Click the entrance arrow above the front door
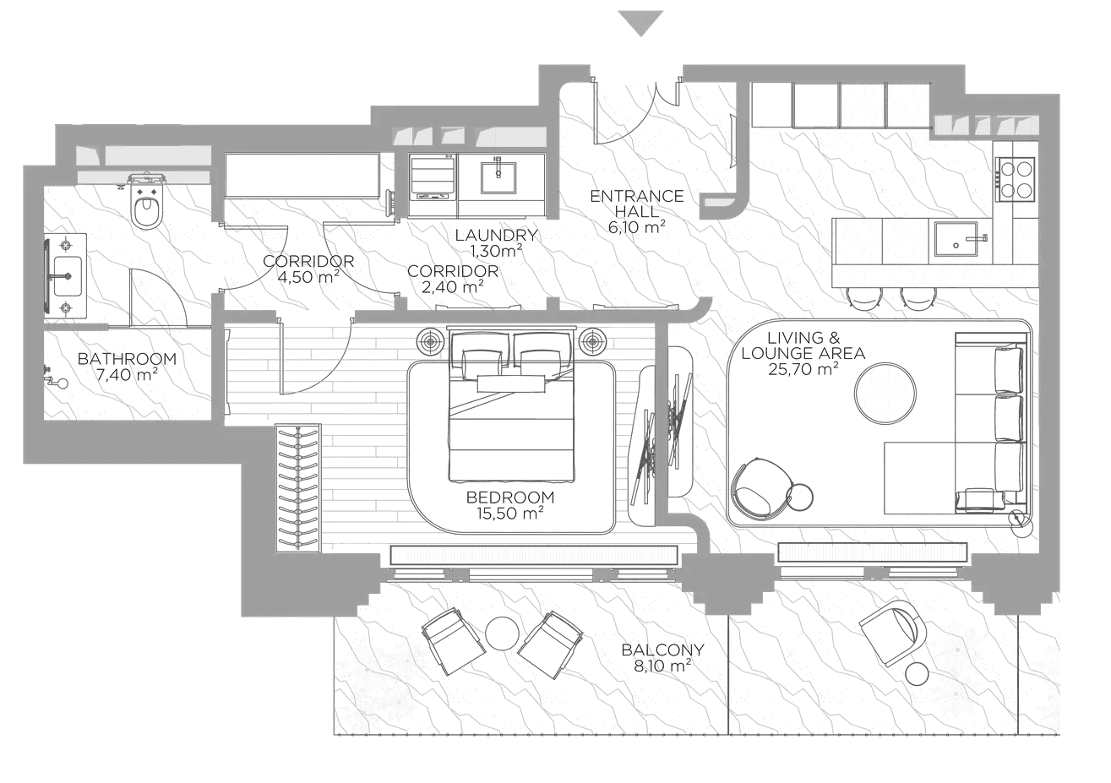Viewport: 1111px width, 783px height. tap(640, 22)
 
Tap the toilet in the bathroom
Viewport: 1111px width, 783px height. tap(146, 203)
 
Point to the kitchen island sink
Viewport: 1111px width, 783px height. tap(956, 238)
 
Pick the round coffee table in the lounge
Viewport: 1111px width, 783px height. tap(885, 394)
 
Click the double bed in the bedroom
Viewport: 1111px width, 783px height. tap(511, 404)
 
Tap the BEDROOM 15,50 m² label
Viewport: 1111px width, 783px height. tap(510, 505)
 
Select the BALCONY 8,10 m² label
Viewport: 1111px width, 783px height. tap(662, 657)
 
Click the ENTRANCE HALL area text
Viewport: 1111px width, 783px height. tap(637, 211)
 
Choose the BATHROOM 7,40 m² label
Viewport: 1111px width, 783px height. tap(127, 367)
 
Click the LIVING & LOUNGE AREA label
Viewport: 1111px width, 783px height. tap(803, 353)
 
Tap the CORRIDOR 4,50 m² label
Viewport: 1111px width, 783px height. tap(308, 269)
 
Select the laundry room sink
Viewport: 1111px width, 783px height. tap(498, 176)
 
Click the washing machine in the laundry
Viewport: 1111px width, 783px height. tap(432, 184)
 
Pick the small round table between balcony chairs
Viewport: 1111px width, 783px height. tap(503, 633)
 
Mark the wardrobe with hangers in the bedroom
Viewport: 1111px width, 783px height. tap(298, 488)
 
